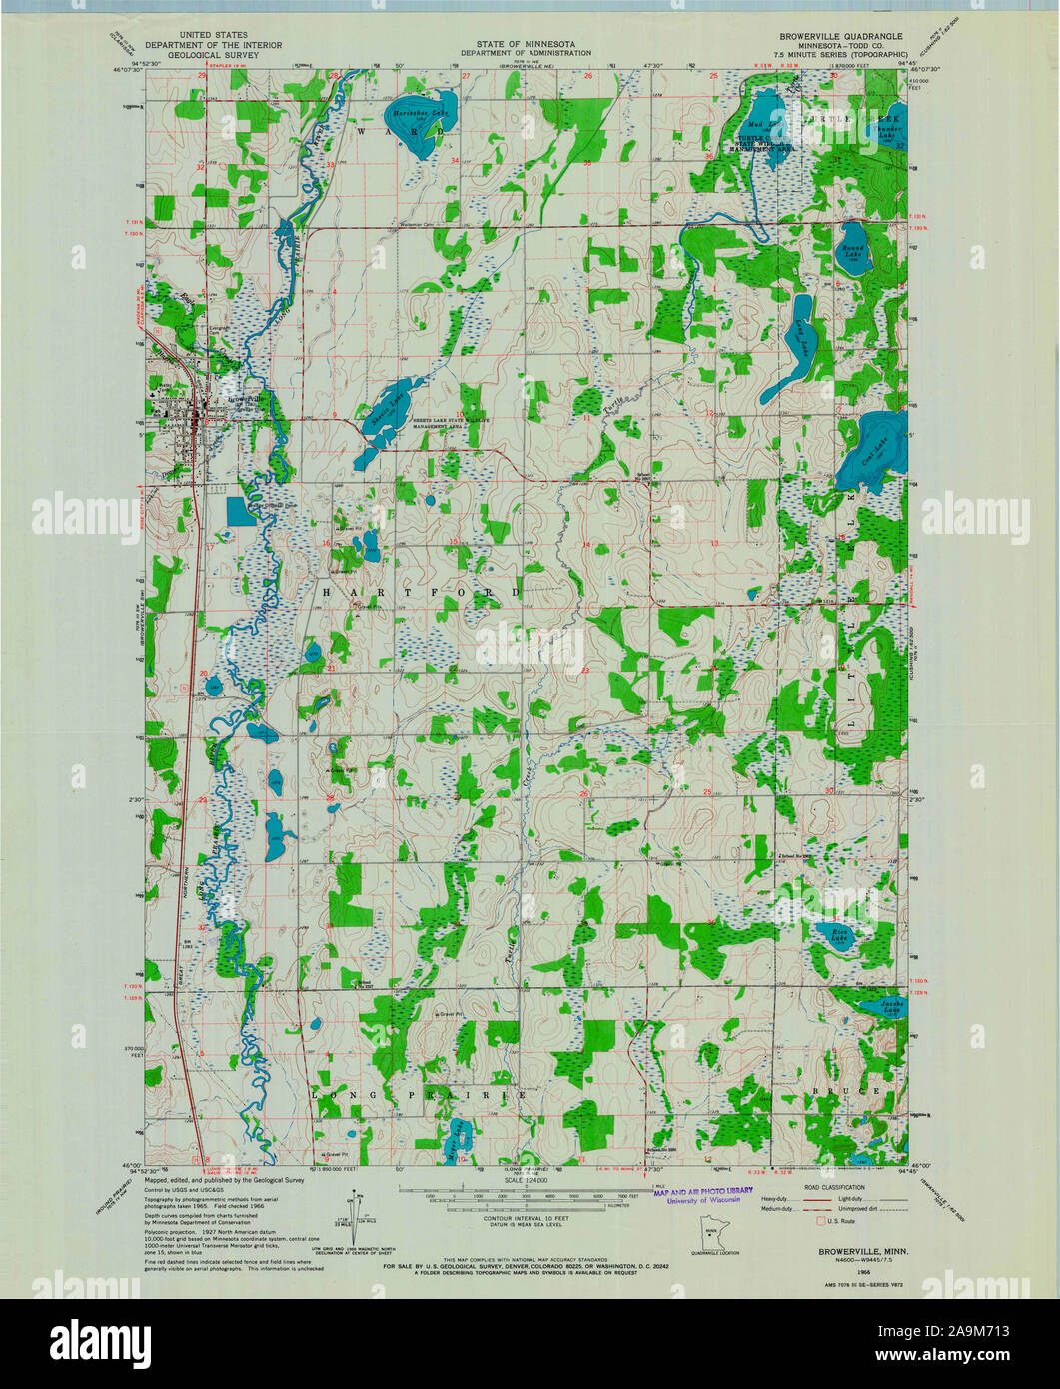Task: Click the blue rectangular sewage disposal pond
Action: pyautogui.click(x=241, y=511)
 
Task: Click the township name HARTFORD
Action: pyautogui.click(x=421, y=593)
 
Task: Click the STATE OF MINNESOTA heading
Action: pyautogui.click(x=519, y=44)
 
